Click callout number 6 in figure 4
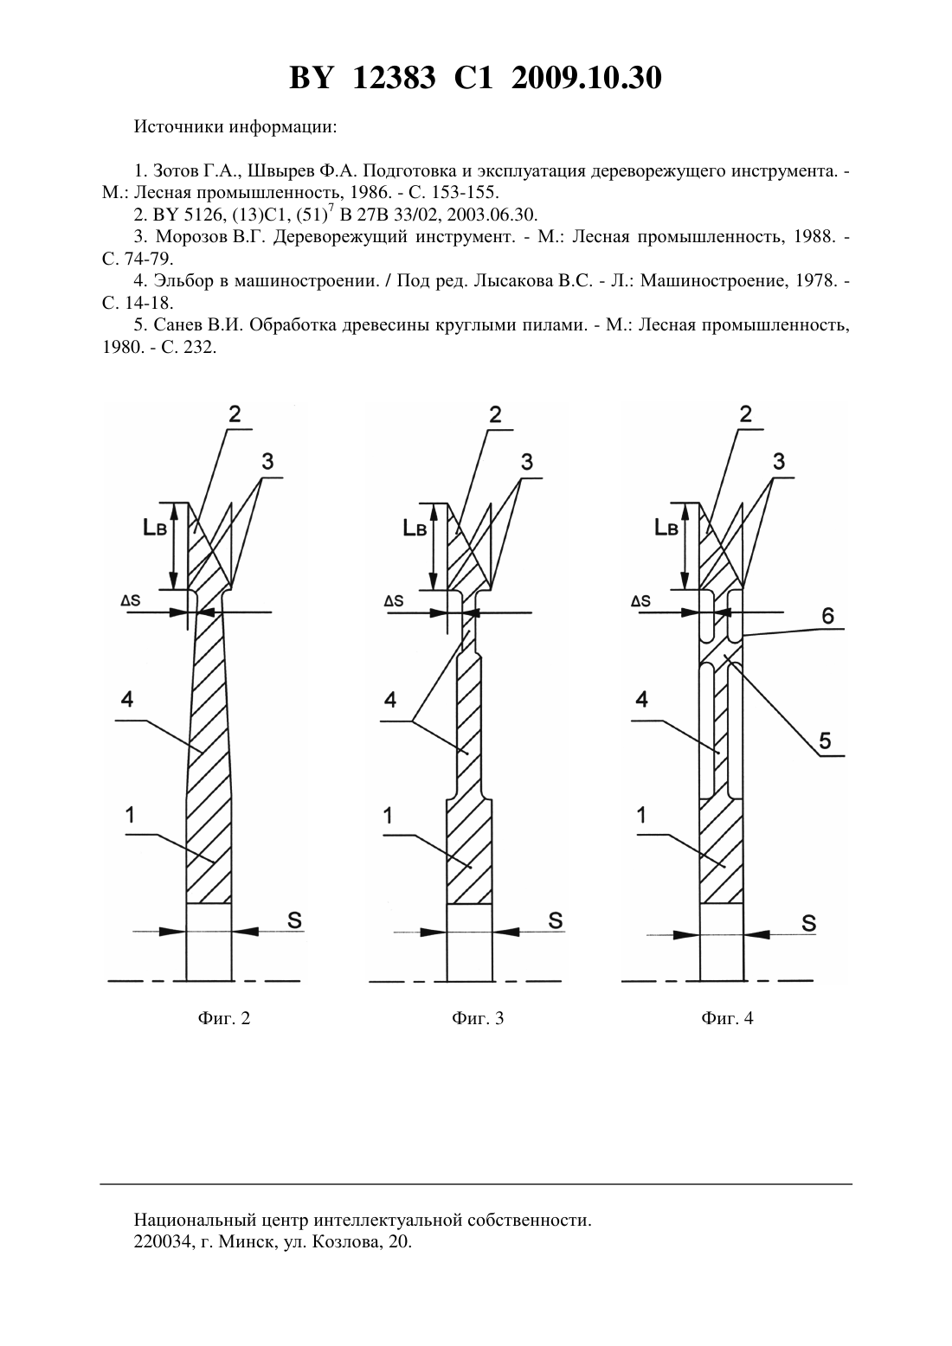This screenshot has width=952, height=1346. point(827,616)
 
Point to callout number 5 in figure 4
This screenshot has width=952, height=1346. point(825,740)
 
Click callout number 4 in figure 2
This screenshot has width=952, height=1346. point(127,698)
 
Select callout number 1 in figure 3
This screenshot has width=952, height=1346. point(388,816)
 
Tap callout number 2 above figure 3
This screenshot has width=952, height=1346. point(495,414)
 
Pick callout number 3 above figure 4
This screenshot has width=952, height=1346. point(778,461)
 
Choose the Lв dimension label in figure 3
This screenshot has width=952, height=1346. point(415,527)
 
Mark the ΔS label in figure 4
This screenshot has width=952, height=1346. point(640,601)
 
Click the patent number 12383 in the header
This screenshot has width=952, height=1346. point(394,78)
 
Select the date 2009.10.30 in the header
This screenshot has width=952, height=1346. point(587,78)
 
